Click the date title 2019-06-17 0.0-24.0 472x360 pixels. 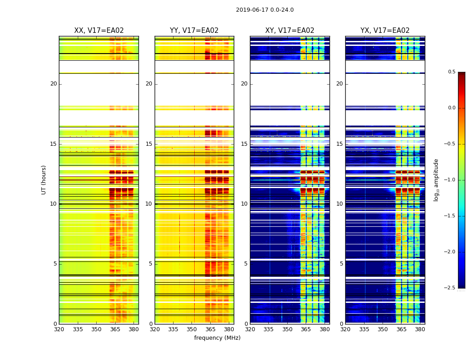coord(265,10)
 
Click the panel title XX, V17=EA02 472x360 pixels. coord(99,31)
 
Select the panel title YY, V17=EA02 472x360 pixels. coord(194,31)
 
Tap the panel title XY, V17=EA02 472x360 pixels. coord(289,31)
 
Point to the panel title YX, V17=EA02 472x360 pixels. coord(385,31)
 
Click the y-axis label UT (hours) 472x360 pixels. coord(44,180)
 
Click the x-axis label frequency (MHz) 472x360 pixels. coord(217,338)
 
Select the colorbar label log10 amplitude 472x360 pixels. coord(436,180)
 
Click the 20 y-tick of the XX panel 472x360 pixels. coord(53,84)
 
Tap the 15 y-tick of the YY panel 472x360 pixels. coord(149,144)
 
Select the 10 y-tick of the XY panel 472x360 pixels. coord(244,204)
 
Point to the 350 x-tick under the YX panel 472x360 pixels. coord(383,329)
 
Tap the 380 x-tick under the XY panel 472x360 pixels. coord(325,329)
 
